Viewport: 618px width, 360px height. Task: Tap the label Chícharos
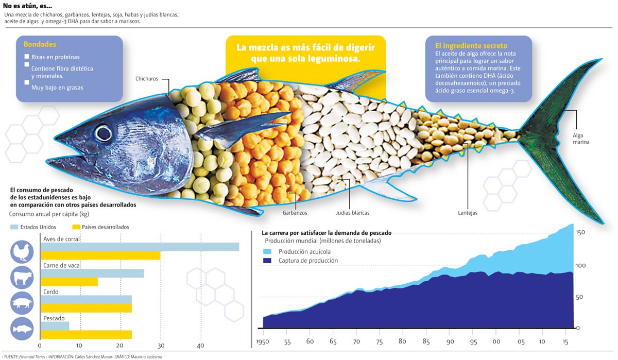point(146,79)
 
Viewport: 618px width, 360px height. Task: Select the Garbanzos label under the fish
point(295,213)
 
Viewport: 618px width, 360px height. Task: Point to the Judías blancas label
point(352,213)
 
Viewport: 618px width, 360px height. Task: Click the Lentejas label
point(468,213)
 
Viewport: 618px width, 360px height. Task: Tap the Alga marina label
point(581,138)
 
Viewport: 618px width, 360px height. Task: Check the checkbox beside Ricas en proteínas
point(27,57)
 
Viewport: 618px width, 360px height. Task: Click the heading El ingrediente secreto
point(471,46)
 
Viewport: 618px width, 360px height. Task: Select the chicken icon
point(22,252)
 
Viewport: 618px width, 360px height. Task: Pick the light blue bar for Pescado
point(55,326)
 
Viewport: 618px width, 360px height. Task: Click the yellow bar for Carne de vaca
point(69,282)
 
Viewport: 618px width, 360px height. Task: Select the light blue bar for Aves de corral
point(140,247)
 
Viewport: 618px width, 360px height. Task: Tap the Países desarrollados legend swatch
point(76,227)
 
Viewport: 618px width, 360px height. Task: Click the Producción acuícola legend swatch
point(267,252)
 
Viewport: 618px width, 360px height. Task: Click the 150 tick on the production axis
point(581,233)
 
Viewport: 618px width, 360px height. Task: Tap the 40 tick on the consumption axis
point(200,346)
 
